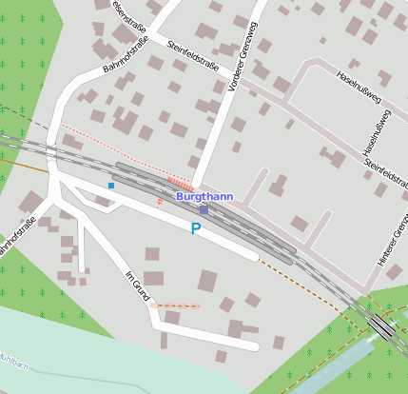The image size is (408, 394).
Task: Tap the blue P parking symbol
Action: click(196, 228)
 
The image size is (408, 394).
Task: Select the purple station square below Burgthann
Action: click(204, 209)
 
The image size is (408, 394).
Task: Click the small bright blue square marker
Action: click(111, 185)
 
